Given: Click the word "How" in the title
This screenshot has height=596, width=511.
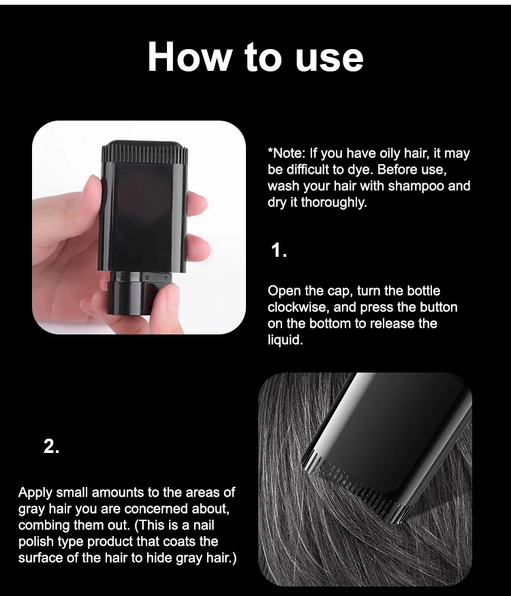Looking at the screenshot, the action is tap(189, 57).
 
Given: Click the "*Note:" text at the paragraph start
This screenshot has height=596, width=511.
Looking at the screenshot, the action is tap(286, 153).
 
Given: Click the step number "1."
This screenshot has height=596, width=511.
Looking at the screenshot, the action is tap(279, 251).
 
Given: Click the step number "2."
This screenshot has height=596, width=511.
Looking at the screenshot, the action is tap(51, 446).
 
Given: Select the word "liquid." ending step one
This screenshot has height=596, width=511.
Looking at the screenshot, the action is tap(285, 340).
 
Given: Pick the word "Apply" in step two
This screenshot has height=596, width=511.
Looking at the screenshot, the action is tap(35, 493).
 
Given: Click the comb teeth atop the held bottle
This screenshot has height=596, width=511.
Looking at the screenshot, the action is tap(145, 153).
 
